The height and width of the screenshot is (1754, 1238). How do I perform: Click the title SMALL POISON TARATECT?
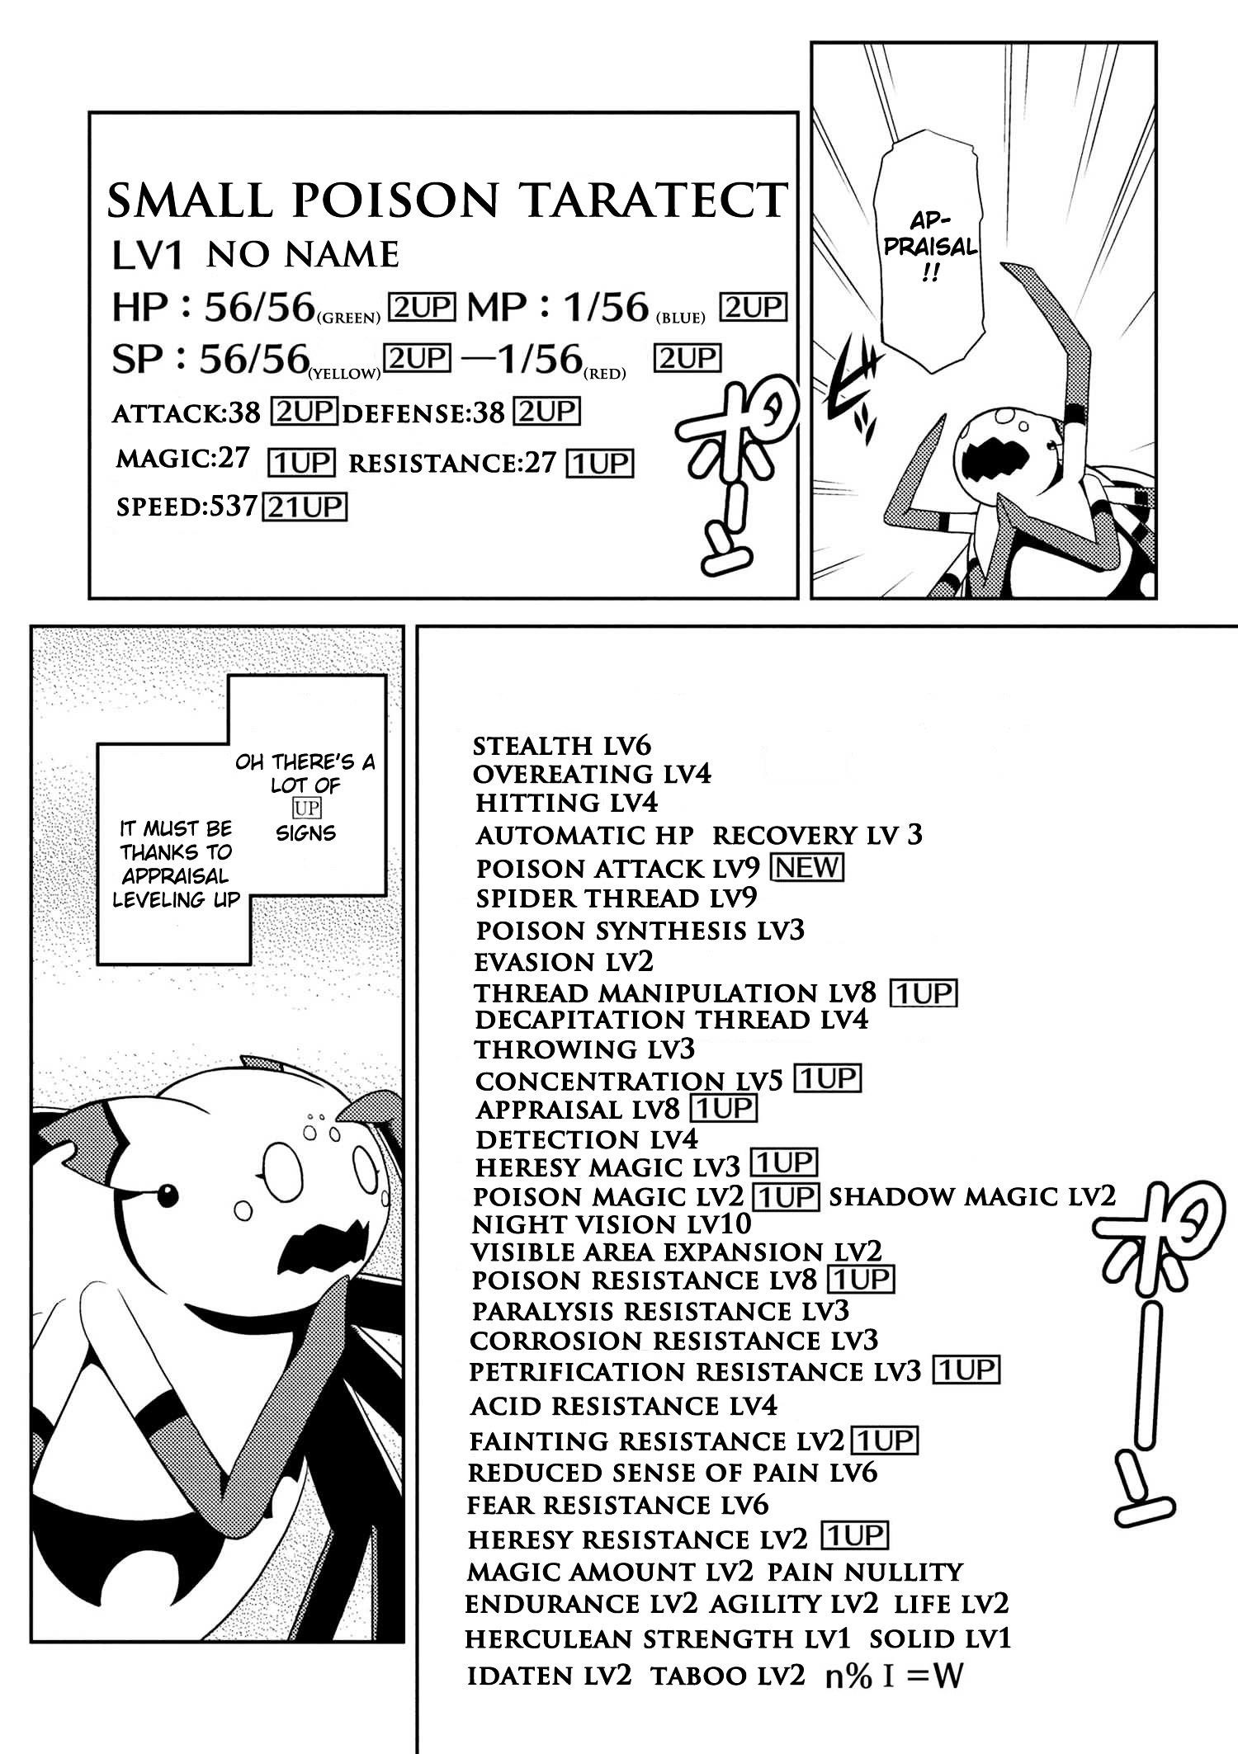pos(447,200)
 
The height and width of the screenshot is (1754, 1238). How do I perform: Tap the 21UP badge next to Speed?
pos(304,506)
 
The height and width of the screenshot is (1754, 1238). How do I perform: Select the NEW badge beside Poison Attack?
pos(806,866)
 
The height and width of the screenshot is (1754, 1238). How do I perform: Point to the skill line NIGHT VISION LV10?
pos(612,1224)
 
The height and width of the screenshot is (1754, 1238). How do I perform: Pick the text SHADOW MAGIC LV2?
pos(971,1196)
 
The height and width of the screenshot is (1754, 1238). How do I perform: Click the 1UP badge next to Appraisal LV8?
pos(725,1108)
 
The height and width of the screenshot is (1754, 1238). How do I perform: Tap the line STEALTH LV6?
pos(562,746)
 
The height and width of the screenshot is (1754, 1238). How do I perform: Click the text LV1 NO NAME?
pos(256,256)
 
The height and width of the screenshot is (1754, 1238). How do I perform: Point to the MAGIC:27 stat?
pos(182,459)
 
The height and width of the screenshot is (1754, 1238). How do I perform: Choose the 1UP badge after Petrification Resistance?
pos(966,1370)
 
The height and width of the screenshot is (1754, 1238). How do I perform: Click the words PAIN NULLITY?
pos(865,1572)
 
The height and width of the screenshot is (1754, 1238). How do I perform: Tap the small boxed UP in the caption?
pos(306,808)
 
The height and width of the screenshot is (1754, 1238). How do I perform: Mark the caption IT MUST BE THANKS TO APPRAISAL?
pos(176,863)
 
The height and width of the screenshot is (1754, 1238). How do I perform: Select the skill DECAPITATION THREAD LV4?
pos(671,1020)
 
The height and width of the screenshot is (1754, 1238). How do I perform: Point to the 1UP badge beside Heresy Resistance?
pos(854,1535)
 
